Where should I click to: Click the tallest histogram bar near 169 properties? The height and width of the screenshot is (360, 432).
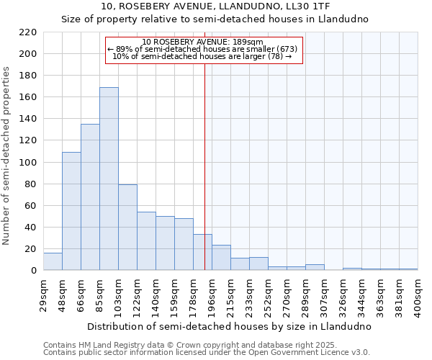[x=109, y=179]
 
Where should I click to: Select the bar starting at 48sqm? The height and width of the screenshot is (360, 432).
[x=71, y=211]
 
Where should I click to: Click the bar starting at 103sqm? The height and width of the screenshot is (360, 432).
[x=127, y=228]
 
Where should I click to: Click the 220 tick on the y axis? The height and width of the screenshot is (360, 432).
[x=28, y=32]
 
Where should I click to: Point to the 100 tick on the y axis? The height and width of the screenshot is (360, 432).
[x=28, y=163]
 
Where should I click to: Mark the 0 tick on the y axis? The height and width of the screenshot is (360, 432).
[x=33, y=271]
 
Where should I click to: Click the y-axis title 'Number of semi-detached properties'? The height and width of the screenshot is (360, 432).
[x=7, y=156]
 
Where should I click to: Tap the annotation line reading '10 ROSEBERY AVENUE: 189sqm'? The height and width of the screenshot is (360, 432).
[x=203, y=42]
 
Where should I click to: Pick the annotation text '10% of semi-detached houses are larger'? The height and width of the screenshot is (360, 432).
[x=202, y=56]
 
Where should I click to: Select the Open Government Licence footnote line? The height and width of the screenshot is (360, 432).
[x=207, y=353]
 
